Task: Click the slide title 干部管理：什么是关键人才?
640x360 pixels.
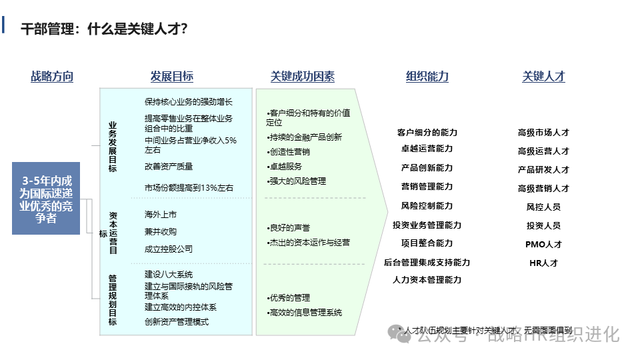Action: pos(104,29)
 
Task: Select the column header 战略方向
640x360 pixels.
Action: pos(52,77)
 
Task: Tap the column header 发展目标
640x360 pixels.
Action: pos(172,77)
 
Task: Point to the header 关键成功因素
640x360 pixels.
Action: pos(303,77)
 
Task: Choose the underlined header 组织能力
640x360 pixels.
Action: pos(427,77)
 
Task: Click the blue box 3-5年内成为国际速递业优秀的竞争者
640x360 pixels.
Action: pos(46,199)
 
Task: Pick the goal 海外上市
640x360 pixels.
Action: pos(161,215)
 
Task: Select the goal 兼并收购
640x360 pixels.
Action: pos(161,231)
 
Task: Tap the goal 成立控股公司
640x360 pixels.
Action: pos(169,249)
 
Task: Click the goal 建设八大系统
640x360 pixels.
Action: pos(169,274)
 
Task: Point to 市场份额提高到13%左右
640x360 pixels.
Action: pos(189,188)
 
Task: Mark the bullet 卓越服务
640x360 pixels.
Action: pos(285,167)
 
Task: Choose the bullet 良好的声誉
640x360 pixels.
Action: pos(289,228)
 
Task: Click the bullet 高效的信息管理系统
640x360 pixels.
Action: pos(305,312)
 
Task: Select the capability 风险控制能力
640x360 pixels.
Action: pos(427,206)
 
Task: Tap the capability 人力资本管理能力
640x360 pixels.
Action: pos(427,280)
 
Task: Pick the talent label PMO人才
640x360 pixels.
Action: pos(543,244)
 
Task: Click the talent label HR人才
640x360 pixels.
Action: pos(543,263)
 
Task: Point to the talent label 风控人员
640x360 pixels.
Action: pos(543,207)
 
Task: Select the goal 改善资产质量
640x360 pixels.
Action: pos(169,167)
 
